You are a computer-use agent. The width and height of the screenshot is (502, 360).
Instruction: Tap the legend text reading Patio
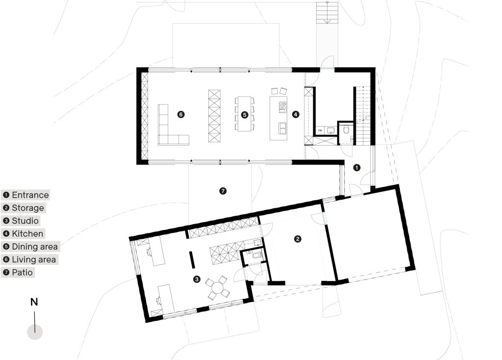(23, 272)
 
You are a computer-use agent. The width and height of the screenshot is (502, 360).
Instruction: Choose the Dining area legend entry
(35, 246)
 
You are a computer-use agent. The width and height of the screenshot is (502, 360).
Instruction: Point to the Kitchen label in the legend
(27, 233)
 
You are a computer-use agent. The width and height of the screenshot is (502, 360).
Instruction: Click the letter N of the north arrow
(34, 302)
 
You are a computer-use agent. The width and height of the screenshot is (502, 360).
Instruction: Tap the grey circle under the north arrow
(35, 332)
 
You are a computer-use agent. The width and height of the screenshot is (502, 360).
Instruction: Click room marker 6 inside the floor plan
(181, 114)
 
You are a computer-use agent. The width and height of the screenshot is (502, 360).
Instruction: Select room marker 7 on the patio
(223, 191)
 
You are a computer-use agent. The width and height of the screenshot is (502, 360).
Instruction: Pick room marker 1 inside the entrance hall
(357, 167)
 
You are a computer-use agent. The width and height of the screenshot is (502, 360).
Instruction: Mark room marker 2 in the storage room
(297, 239)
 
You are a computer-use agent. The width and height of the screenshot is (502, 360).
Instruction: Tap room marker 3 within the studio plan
(197, 279)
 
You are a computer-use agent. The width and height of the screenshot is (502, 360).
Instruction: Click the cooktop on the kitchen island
(282, 106)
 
